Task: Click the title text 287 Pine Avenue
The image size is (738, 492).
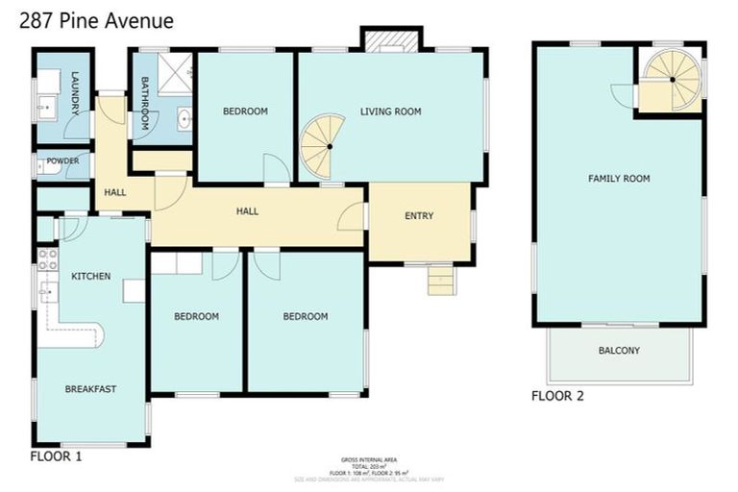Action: click(x=96, y=20)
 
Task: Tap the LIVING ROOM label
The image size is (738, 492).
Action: click(x=390, y=112)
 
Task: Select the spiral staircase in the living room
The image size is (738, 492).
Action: click(x=323, y=146)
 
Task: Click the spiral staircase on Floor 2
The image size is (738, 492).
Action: click(x=673, y=79)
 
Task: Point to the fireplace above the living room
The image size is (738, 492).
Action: click(x=390, y=39)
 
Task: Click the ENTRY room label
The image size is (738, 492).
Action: click(x=419, y=216)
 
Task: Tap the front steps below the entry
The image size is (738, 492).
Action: click(x=440, y=282)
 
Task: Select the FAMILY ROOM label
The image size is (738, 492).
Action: click(x=619, y=179)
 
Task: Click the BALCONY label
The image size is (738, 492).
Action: click(x=619, y=351)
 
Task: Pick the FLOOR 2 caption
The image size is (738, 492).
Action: click(x=557, y=395)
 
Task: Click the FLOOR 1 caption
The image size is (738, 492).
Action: click(x=56, y=456)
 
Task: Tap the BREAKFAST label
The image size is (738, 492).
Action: click(x=90, y=389)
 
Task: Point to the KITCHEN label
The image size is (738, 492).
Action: click(x=90, y=277)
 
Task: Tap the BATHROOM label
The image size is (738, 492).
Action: click(x=145, y=104)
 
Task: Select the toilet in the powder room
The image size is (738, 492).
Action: click(x=41, y=166)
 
